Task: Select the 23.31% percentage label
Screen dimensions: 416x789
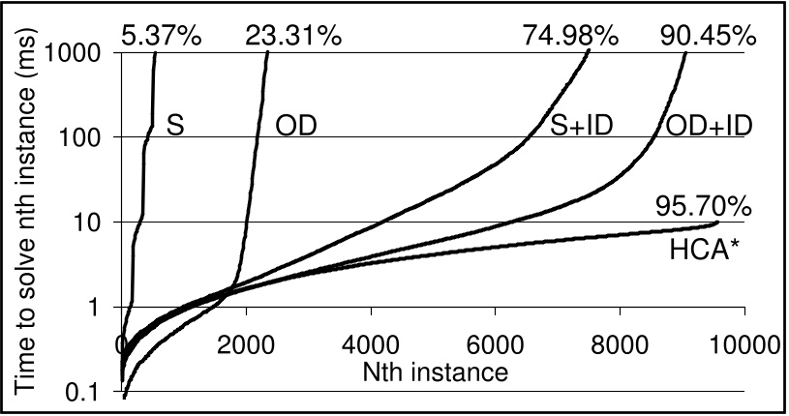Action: click(x=289, y=36)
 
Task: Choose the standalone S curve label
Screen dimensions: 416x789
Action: click(x=175, y=127)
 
